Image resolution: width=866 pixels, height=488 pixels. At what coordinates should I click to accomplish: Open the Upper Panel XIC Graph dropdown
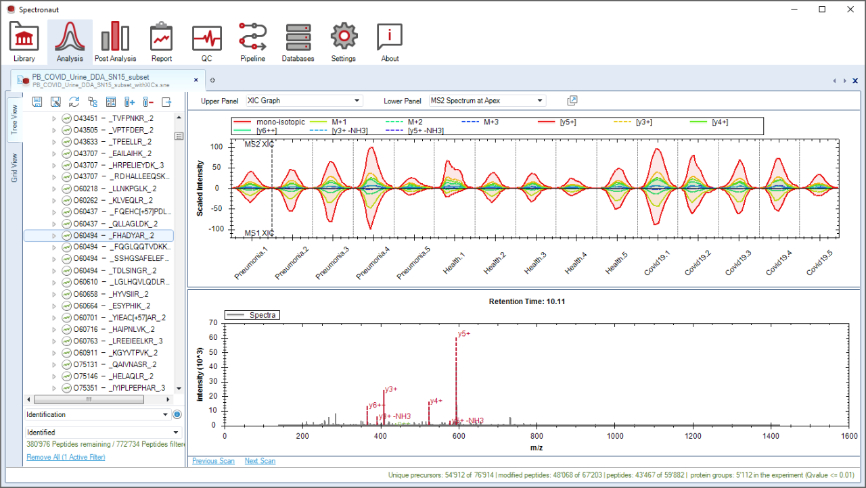(304, 101)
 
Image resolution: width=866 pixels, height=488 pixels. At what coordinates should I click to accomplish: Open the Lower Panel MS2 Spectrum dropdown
(486, 101)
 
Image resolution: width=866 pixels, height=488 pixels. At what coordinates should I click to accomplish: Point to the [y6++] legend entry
(267, 130)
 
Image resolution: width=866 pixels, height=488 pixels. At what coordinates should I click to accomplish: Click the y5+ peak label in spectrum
(464, 333)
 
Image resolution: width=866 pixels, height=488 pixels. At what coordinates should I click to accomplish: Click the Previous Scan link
(213, 461)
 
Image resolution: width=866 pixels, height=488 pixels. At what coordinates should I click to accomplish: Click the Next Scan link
(260, 461)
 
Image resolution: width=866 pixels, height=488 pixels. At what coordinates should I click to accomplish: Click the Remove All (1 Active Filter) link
(66, 458)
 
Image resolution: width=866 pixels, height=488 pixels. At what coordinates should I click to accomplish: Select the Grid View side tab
(15, 170)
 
